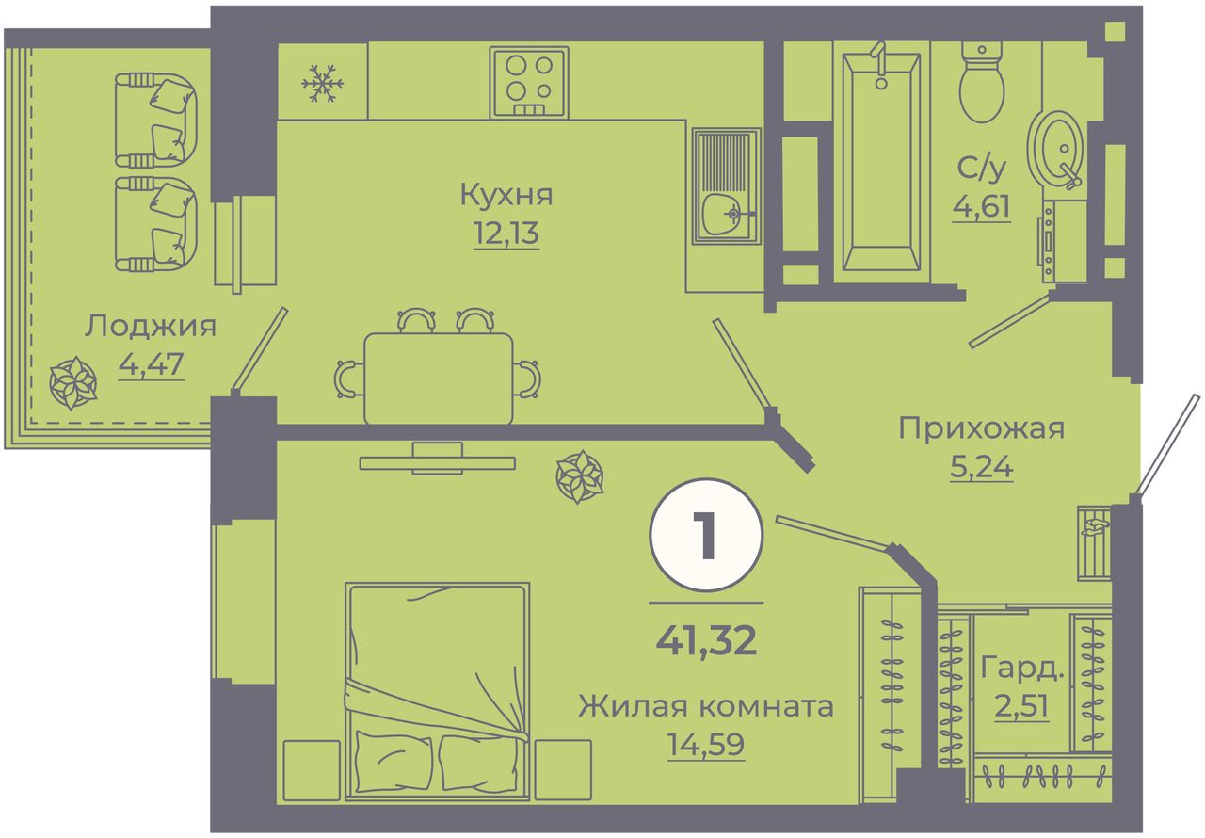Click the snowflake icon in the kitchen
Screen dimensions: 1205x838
point(322,84)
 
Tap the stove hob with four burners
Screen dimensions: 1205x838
point(529,82)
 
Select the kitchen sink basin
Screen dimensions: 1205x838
point(726,186)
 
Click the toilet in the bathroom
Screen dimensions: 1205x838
point(982,82)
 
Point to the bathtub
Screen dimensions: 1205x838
point(881,161)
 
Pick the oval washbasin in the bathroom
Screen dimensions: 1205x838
point(1055,150)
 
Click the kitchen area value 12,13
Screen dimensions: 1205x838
point(506,234)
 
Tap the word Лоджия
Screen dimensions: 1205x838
point(151,326)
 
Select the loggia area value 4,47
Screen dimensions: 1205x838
point(152,364)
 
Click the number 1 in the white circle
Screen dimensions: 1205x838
point(705,535)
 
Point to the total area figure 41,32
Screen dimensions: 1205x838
point(706,640)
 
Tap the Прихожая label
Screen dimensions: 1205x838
point(981,429)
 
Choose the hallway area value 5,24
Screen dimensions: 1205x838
point(982,466)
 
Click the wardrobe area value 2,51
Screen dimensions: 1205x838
point(1021,706)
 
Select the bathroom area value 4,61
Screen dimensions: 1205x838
point(981,207)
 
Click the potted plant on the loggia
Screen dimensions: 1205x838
point(73,383)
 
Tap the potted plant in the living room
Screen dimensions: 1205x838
point(579,477)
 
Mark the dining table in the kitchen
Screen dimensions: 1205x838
point(439,379)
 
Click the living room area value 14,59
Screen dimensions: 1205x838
point(705,745)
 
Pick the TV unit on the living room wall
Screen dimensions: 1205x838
point(438,459)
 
